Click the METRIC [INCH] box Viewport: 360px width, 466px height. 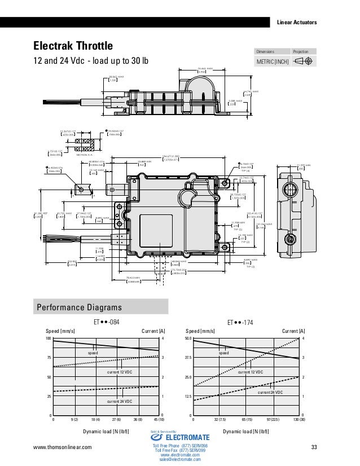273,61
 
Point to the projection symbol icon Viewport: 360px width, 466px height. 304,61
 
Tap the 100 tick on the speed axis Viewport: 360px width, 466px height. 49,338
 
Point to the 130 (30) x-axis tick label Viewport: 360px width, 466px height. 298,420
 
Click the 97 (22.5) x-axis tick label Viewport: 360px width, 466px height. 273,420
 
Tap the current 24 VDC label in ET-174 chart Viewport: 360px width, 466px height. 270,392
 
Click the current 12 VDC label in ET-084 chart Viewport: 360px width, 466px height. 119,373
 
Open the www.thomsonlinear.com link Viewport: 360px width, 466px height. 63,447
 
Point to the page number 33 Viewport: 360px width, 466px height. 314,447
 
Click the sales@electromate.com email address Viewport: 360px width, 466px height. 181,460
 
